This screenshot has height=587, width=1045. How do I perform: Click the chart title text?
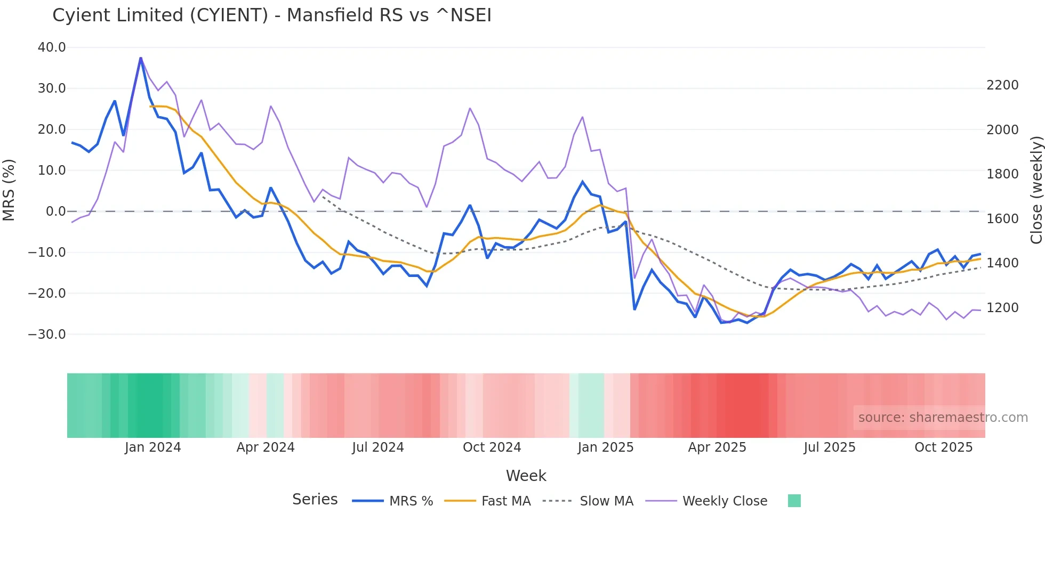click(x=272, y=15)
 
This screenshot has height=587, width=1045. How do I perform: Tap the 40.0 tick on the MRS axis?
click(x=52, y=47)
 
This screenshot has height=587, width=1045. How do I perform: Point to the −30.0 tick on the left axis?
click(x=47, y=335)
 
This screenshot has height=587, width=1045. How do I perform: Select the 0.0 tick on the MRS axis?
click(x=55, y=211)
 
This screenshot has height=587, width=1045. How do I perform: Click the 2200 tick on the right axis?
click(x=1002, y=85)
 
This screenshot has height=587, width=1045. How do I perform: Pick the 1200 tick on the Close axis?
click(x=1002, y=308)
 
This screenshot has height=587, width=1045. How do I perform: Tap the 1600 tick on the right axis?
click(x=1002, y=219)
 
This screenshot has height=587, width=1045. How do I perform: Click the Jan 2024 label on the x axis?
click(x=153, y=447)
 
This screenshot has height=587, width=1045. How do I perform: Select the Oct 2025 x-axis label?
click(x=943, y=447)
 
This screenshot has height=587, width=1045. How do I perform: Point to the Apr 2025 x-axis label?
click(x=717, y=447)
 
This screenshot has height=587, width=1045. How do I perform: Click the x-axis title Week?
click(x=526, y=476)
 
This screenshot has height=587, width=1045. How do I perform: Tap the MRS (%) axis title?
click(x=9, y=190)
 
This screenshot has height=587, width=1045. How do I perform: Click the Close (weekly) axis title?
click(x=1036, y=190)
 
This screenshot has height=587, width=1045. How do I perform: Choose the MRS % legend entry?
click(x=393, y=501)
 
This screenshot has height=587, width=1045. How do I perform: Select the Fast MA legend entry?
click(x=488, y=501)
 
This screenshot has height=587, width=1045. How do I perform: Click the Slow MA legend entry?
click(x=588, y=501)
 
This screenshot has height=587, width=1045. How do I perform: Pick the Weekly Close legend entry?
click(x=706, y=501)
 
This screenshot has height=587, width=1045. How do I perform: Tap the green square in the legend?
click(x=794, y=501)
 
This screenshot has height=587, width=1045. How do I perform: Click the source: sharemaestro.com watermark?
click(x=943, y=418)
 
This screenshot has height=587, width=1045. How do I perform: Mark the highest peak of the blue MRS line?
click(x=141, y=58)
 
